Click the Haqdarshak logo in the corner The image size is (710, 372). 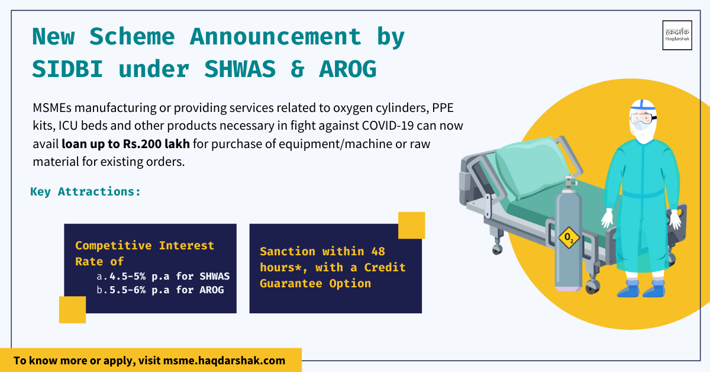point(677,35)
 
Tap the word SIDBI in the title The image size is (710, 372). point(67,69)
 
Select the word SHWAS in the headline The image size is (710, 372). point(240,69)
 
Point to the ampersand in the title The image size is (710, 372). point(297,69)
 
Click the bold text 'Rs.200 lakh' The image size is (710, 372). point(156,144)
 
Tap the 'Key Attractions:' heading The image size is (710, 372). point(85,192)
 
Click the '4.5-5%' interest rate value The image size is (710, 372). point(127,276)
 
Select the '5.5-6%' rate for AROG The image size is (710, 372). point(127,290)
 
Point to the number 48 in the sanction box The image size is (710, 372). point(378,252)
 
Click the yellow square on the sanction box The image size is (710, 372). point(411,225)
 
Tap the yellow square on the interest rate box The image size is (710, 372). point(72,310)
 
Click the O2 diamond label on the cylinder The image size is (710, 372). point(569,238)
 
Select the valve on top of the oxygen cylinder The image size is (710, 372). point(569,184)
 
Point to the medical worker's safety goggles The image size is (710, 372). point(643,118)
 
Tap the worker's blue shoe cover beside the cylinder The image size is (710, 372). point(628,289)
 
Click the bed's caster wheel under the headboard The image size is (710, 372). point(497,249)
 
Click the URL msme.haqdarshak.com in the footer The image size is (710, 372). point(224,361)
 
